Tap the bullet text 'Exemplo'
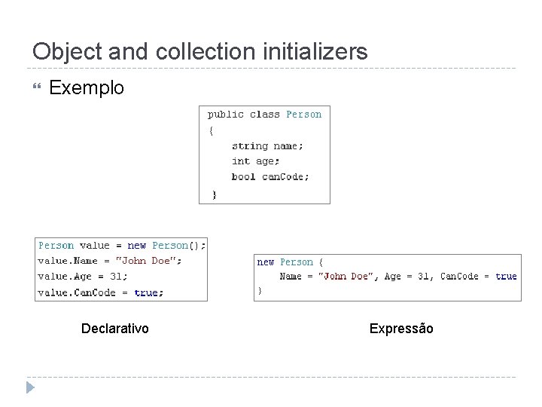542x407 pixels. pyautogui.click(x=86, y=88)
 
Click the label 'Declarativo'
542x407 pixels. pyautogui.click(x=115, y=328)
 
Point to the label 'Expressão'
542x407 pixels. pyautogui.click(x=401, y=328)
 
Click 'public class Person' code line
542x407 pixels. pyautogui.click(x=264, y=115)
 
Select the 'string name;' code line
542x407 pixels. pyautogui.click(x=267, y=145)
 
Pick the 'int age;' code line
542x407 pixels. pyautogui.click(x=255, y=161)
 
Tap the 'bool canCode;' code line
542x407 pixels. pyautogui.click(x=270, y=176)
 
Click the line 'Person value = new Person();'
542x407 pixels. pyautogui.click(x=121, y=245)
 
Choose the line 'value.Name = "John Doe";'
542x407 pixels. pyautogui.click(x=110, y=261)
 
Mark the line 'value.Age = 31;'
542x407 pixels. pyautogui.click(x=83, y=277)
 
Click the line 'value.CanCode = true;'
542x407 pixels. pyautogui.click(x=101, y=292)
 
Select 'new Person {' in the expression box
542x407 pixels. pyautogui.click(x=290, y=262)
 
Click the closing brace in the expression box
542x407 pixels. pyautogui.click(x=260, y=289)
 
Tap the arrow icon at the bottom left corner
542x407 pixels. pyautogui.click(x=29, y=388)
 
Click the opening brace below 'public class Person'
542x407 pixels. pyautogui.click(x=212, y=130)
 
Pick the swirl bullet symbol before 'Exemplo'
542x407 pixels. pyautogui.click(x=32, y=88)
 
